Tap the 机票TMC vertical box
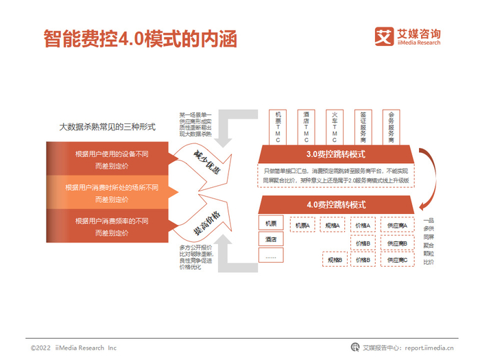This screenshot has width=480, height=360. pyautogui.click(x=277, y=127)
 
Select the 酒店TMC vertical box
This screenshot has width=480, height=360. pyautogui.click(x=306, y=127)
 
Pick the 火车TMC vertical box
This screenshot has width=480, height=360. pyautogui.click(x=335, y=127)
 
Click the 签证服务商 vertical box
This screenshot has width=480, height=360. pyautogui.click(x=363, y=127)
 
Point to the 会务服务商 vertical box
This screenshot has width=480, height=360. pyautogui.click(x=392, y=127)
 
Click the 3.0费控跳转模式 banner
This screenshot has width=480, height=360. pyautogui.click(x=336, y=154)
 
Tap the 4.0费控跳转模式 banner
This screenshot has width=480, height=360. pyautogui.click(x=336, y=204)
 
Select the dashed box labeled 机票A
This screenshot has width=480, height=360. pyautogui.click(x=302, y=225)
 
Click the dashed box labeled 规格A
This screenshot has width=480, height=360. pyautogui.click(x=333, y=225)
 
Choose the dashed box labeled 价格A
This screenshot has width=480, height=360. pyautogui.click(x=364, y=225)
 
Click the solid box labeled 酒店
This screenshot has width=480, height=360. pyautogui.click(x=271, y=239)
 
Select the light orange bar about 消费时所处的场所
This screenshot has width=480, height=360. pyautogui.click(x=112, y=193)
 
